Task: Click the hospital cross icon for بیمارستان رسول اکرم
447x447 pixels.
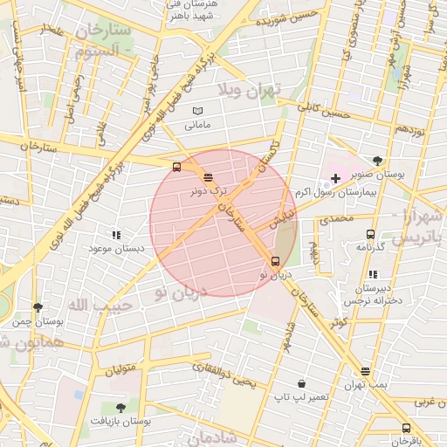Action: pyautogui.click(x=335, y=178)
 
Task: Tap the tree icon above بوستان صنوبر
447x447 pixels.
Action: pyautogui.click(x=377, y=161)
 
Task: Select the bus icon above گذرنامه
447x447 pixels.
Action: pyautogui.click(x=370, y=234)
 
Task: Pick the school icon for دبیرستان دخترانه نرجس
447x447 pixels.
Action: pyautogui.click(x=374, y=275)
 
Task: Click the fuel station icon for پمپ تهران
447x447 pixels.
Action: pyautogui.click(x=365, y=372)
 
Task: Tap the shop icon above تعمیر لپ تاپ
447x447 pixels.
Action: pyautogui.click(x=301, y=383)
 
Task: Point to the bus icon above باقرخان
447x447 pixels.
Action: pyautogui.click(x=406, y=428)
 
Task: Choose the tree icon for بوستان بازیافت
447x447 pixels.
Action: pyautogui.click(x=120, y=408)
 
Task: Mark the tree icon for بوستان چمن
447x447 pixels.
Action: pyautogui.click(x=38, y=307)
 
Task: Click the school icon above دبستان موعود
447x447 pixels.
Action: pyautogui.click(x=115, y=235)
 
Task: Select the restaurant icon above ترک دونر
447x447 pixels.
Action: pyautogui.click(x=207, y=177)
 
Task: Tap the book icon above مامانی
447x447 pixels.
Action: pyautogui.click(x=197, y=111)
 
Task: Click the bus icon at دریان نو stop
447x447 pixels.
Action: pyautogui.click(x=276, y=261)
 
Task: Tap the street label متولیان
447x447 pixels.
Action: pyautogui.click(x=121, y=369)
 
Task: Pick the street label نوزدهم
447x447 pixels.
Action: pyautogui.click(x=410, y=128)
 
